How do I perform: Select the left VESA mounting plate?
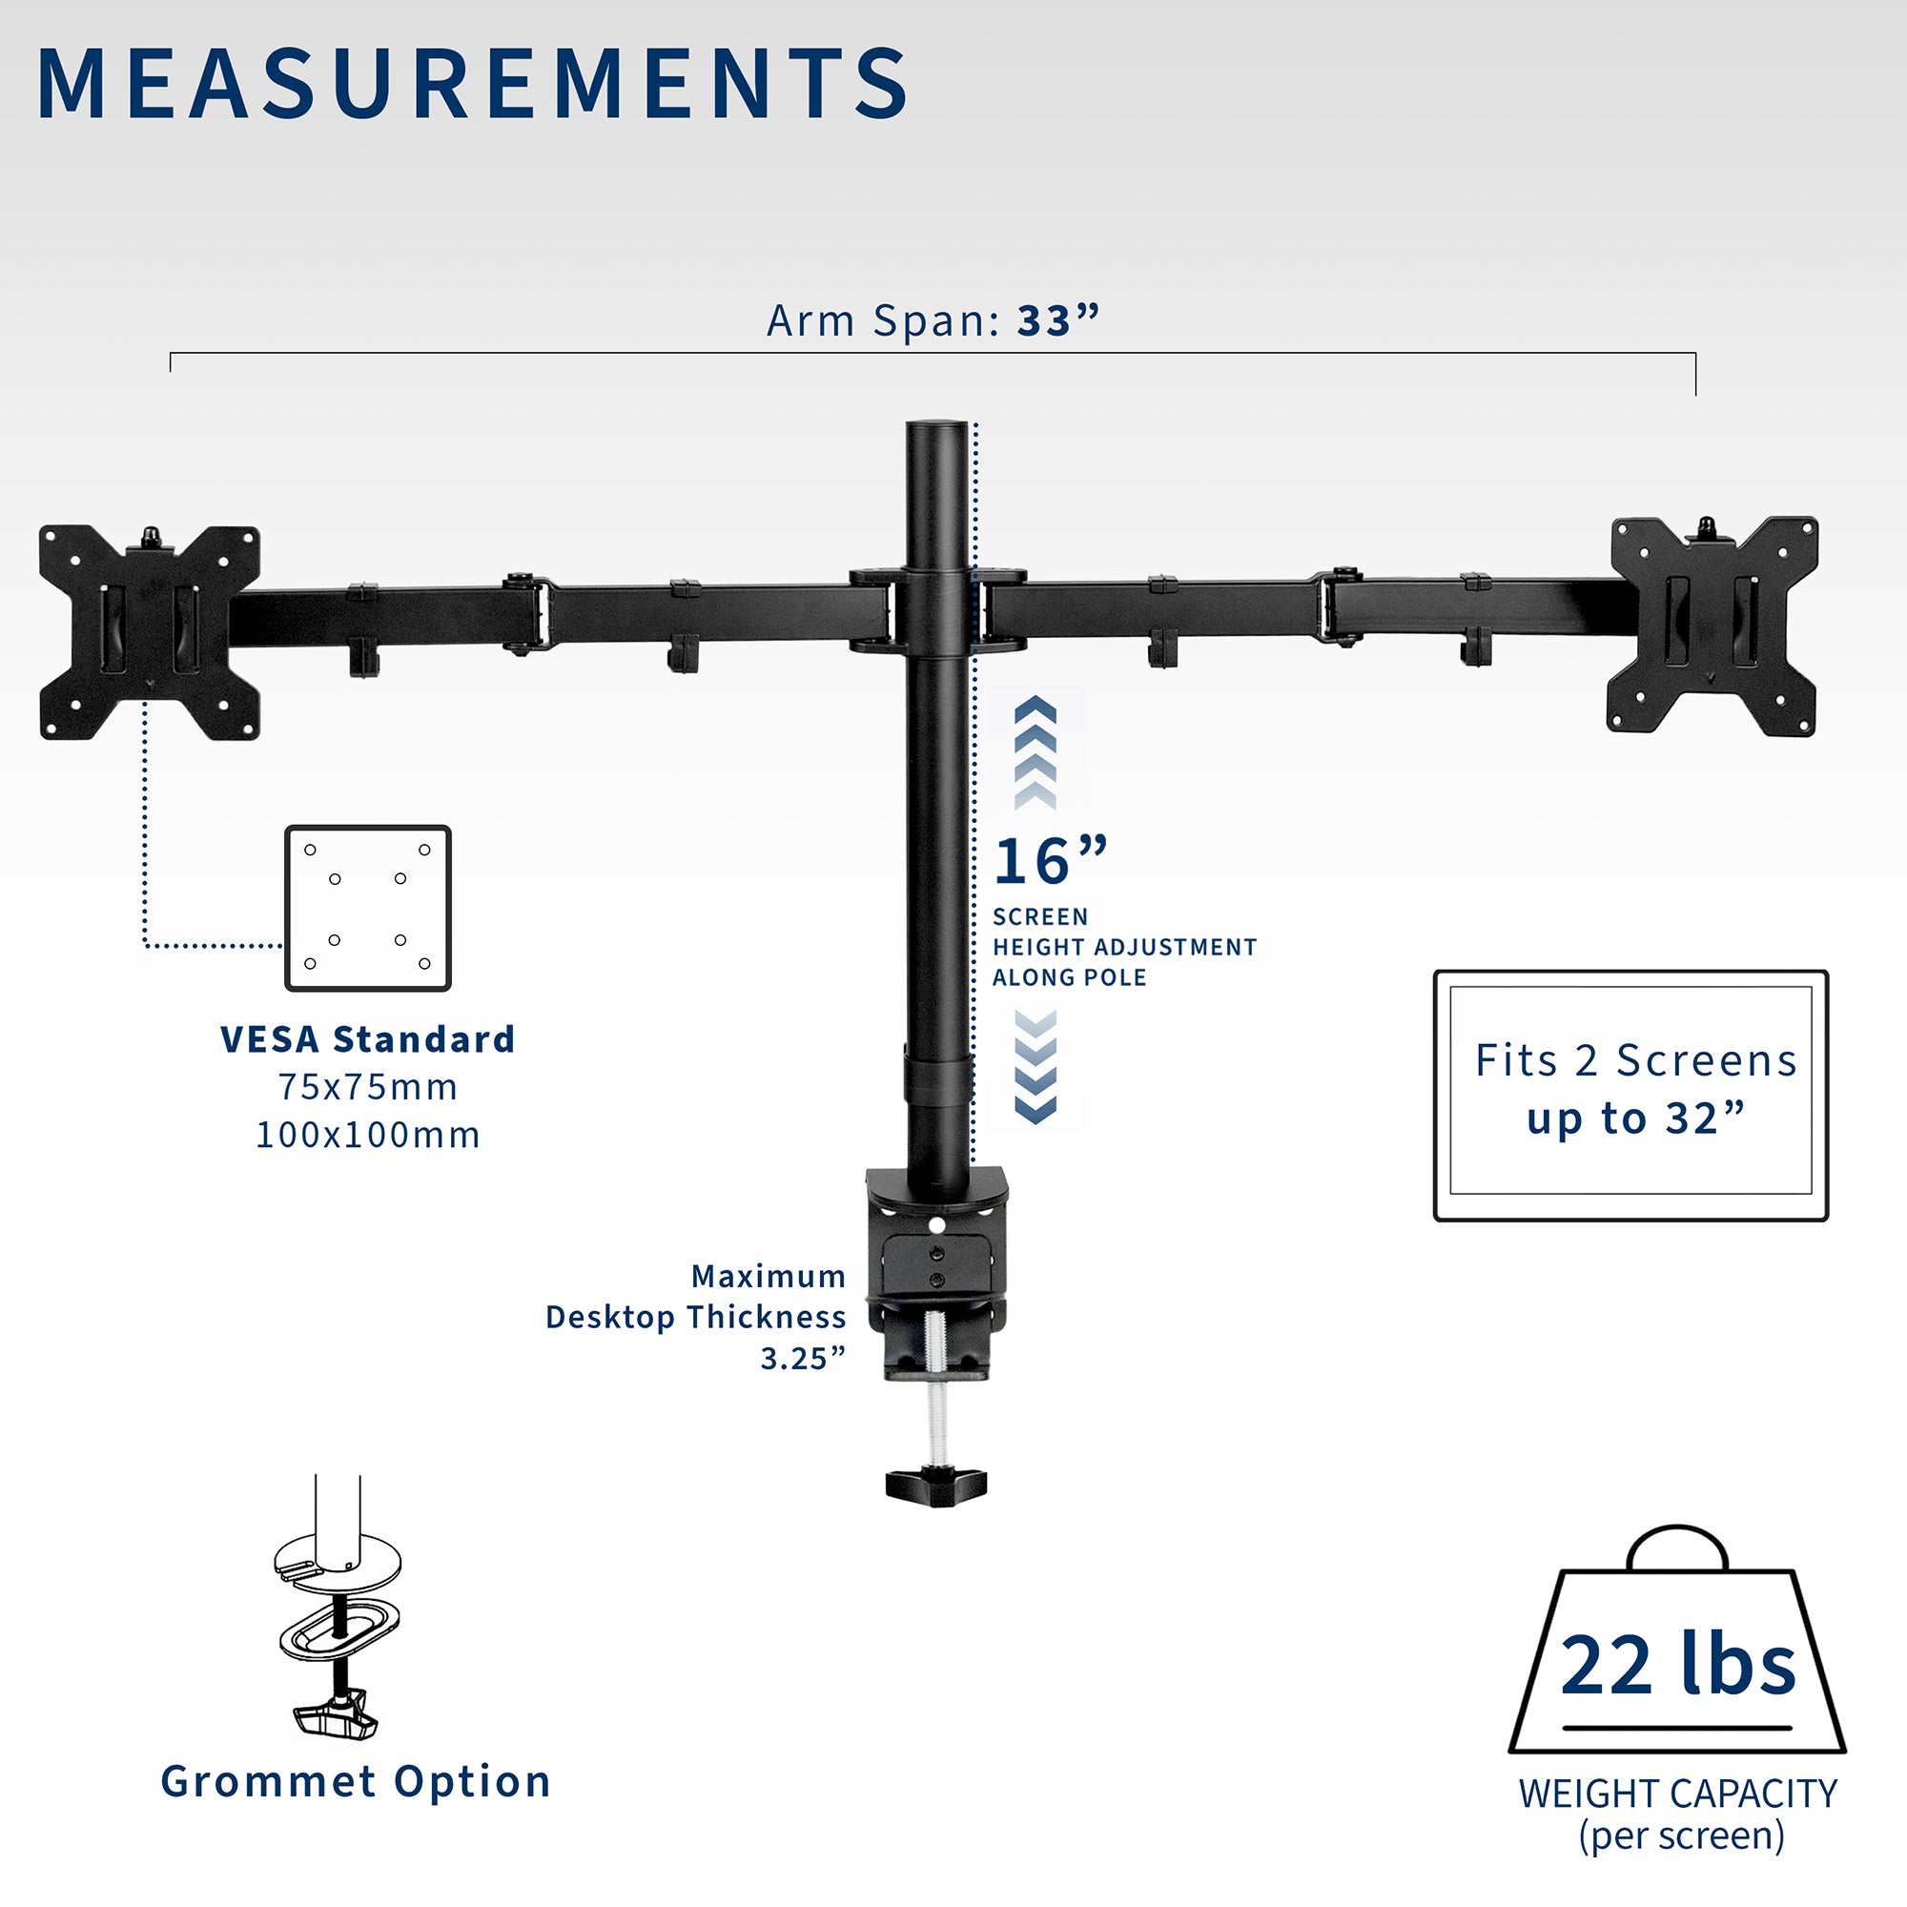149,633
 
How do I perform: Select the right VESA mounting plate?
1712,625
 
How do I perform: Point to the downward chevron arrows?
1035,1066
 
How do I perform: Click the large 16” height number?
1049,862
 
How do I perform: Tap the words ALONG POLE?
1069,978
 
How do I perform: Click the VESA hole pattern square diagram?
367,908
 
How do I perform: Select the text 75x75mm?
367,1087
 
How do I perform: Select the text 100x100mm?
367,1135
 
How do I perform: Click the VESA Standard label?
367,1039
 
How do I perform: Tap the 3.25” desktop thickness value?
803,1359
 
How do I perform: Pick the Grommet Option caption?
356,1782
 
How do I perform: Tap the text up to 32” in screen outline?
1634,1119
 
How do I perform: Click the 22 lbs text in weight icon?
1677,1666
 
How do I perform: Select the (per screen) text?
1681,1835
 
